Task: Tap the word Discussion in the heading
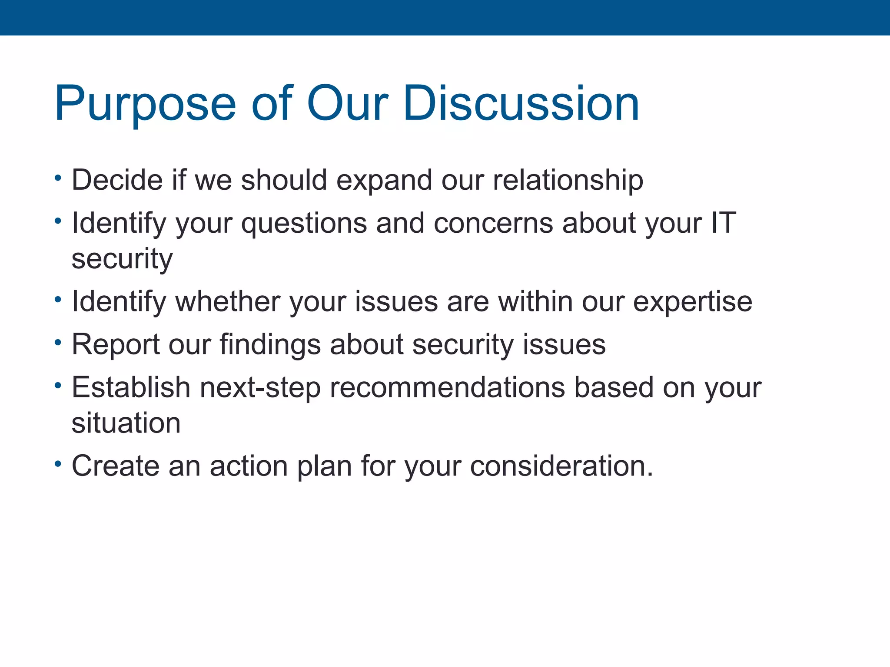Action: (x=521, y=104)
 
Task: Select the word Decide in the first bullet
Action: (x=117, y=180)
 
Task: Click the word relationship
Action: (x=568, y=181)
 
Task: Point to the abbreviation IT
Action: (x=723, y=223)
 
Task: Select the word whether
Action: (x=228, y=301)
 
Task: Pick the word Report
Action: (x=116, y=345)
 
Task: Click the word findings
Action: (x=270, y=345)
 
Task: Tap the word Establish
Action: (x=131, y=387)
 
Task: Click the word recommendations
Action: (x=447, y=387)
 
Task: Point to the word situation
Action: (x=126, y=423)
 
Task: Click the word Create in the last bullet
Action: (x=115, y=466)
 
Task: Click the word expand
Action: (x=384, y=181)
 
